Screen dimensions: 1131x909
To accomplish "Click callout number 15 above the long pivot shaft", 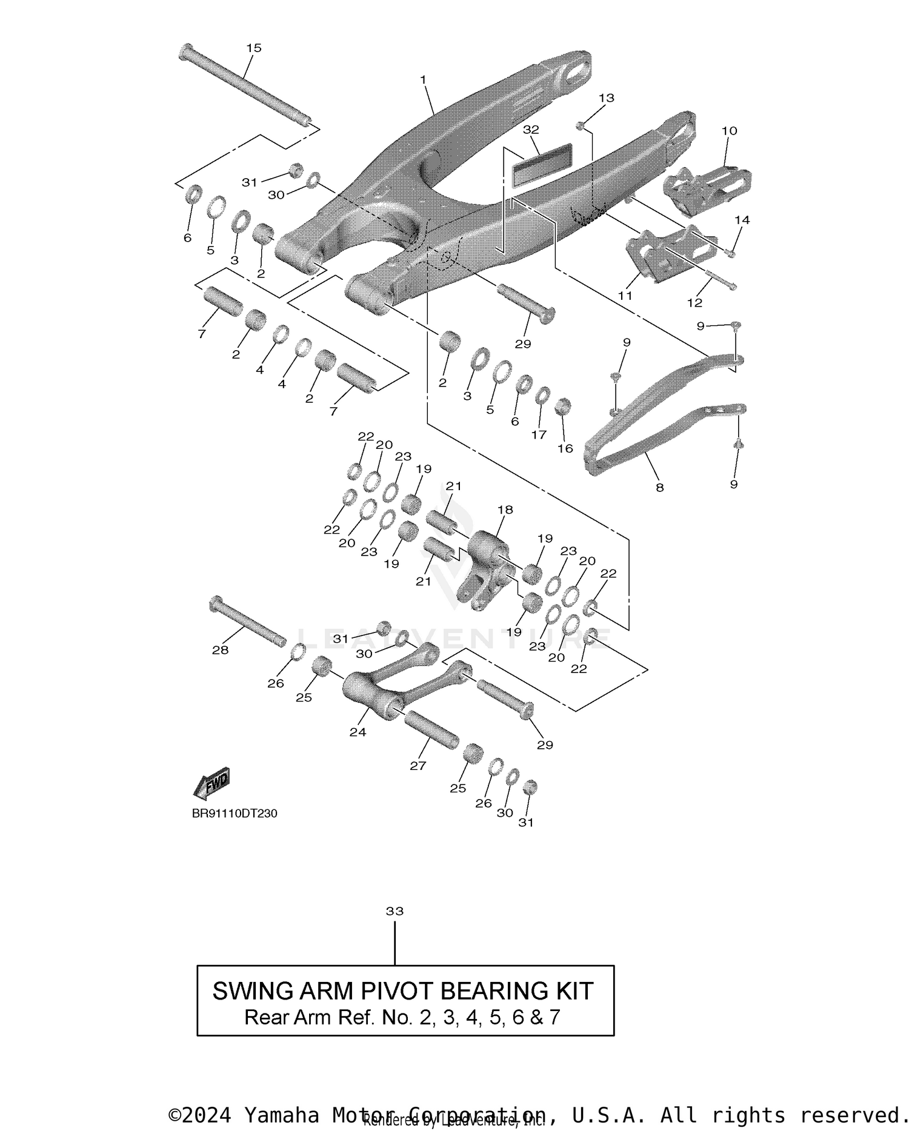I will click(x=254, y=48).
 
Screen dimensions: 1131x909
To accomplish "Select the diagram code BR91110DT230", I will click(x=235, y=814).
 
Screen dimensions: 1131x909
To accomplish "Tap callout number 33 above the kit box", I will click(x=395, y=911).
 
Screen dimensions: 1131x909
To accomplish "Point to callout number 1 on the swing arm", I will click(x=423, y=80).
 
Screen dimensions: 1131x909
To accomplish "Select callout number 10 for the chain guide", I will click(x=729, y=131).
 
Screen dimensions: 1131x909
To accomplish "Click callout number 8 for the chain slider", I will click(x=659, y=487).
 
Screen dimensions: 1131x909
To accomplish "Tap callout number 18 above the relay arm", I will click(x=505, y=509).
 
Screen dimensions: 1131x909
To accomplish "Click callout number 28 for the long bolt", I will click(x=220, y=650).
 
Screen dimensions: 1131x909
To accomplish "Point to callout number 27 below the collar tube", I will click(x=418, y=766).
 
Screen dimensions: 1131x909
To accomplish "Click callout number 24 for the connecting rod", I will click(x=358, y=732).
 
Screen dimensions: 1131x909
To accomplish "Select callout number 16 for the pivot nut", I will click(x=565, y=448).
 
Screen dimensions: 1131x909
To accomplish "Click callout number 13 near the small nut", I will click(x=606, y=98).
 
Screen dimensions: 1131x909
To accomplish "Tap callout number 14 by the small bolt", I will click(x=742, y=220).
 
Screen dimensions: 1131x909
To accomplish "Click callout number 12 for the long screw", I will click(x=694, y=302).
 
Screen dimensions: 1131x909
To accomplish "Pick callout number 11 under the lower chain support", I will click(x=625, y=296).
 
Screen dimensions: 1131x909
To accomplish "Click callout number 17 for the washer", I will click(x=539, y=434).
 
